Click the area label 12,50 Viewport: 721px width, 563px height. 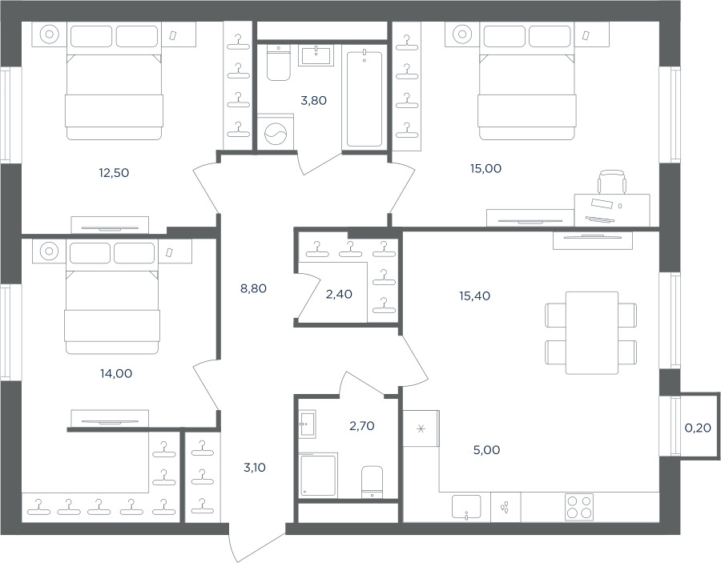[114, 173]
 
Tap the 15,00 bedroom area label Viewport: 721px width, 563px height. [485, 169]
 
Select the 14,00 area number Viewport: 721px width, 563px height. [116, 374]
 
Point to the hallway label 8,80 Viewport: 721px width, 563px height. [253, 288]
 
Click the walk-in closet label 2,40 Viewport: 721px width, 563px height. [339, 294]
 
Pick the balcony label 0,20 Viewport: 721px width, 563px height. [698, 428]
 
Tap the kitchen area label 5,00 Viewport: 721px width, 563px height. [486, 450]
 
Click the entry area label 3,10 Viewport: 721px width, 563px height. [254, 468]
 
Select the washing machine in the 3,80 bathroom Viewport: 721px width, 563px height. [276, 132]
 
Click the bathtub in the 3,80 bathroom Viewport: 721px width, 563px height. [365, 99]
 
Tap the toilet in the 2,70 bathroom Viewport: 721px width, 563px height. [372, 481]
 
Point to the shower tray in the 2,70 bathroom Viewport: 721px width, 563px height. [318, 475]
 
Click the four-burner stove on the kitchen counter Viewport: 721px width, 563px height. [579, 507]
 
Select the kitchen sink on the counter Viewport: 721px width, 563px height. [466, 507]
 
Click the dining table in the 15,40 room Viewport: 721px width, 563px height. [592, 332]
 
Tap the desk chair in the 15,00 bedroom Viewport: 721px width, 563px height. [612, 182]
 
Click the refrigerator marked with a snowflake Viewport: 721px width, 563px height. [421, 428]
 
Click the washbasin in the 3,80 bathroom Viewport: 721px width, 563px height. [316, 55]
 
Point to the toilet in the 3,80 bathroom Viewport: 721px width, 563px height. [279, 63]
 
